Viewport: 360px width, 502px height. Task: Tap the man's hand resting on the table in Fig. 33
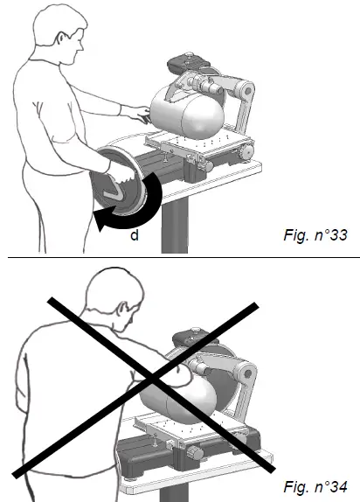click(x=130, y=110)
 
